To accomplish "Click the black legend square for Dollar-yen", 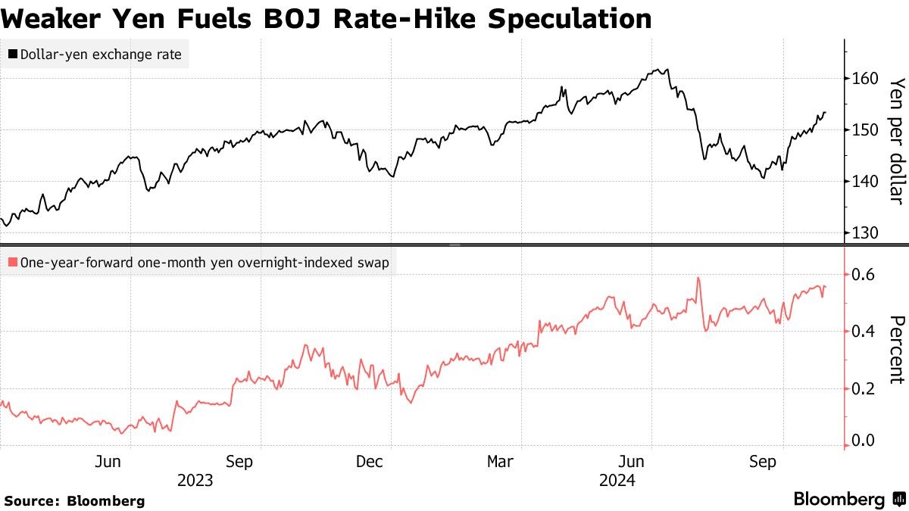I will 13,55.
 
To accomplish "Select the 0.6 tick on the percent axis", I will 864,274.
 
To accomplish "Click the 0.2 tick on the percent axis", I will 864,388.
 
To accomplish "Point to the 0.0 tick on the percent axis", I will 864,440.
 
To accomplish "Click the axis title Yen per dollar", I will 897,142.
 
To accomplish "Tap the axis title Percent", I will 897,350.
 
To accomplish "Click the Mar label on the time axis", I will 500,461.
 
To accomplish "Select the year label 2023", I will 195,480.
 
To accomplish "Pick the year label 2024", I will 617,480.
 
